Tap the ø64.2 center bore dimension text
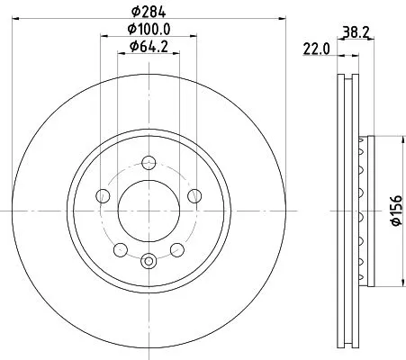click(149, 47)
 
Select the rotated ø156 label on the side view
click(392, 212)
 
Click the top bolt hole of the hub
click(149, 163)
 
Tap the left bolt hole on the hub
click(103, 196)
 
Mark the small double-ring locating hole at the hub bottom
click(149, 261)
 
